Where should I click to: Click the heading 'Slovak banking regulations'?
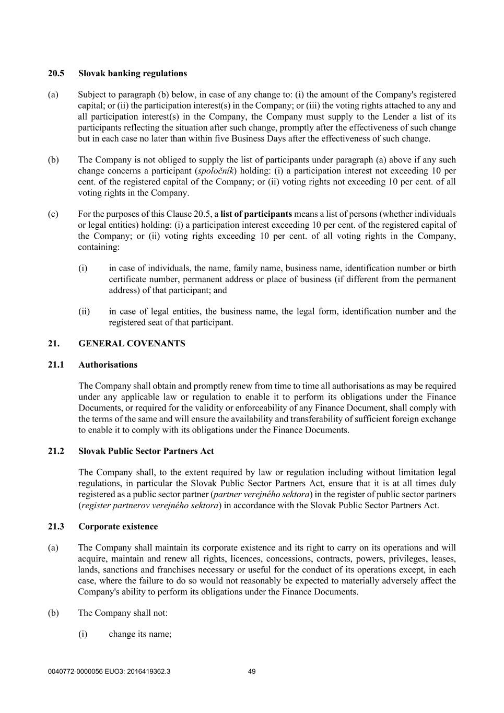coord(132,73)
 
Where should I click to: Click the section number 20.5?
coord(56,73)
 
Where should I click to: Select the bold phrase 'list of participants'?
coord(256,214)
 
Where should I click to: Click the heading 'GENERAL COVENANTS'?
coord(132,343)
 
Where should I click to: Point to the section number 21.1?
coord(56,365)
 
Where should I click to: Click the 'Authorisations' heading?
coord(108,365)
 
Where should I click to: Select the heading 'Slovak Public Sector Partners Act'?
coord(146,451)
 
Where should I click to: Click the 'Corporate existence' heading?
coord(118,526)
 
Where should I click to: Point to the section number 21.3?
coord(56,526)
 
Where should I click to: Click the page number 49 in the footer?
coord(252,671)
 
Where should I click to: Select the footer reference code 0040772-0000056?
coord(78,671)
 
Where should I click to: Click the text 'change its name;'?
coord(140,634)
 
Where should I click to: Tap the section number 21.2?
coord(56,451)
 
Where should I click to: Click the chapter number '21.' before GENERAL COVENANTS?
coord(54,343)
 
